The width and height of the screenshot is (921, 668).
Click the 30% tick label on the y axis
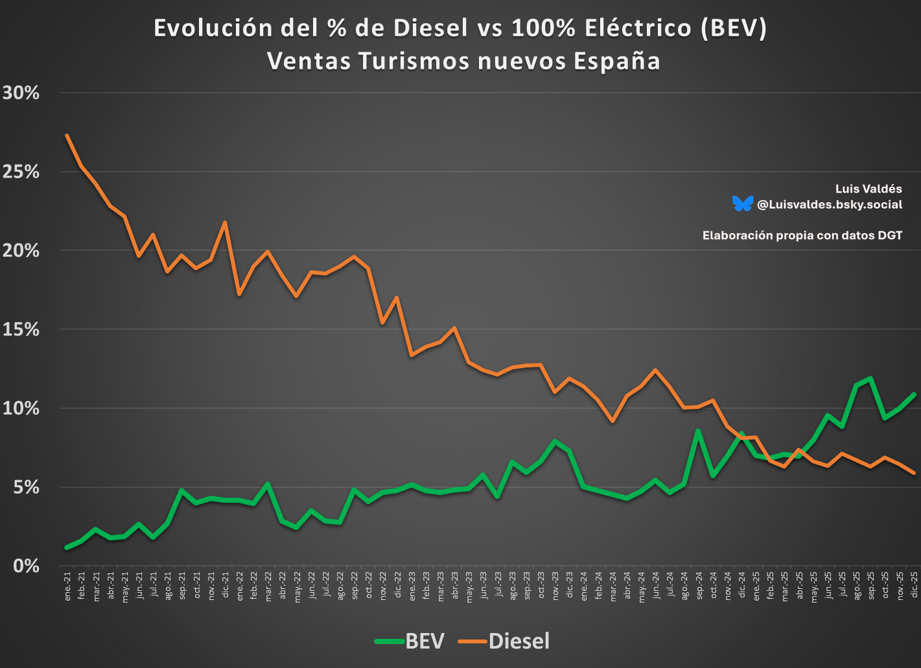[x=21, y=93]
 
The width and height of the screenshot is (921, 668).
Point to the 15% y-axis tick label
[x=21, y=329]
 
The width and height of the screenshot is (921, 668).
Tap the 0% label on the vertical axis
[x=27, y=566]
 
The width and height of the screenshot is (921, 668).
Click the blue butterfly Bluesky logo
[x=742, y=203]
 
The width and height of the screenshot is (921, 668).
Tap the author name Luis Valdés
[x=869, y=189]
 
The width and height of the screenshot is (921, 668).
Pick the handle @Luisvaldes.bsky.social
[x=830, y=204]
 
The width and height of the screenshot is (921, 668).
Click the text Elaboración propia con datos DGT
[x=802, y=235]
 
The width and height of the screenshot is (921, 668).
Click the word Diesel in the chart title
[x=431, y=28]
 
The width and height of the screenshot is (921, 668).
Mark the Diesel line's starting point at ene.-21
[x=67, y=135]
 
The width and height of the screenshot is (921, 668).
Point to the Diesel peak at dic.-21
[x=225, y=222]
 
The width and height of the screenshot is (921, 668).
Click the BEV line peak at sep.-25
[x=870, y=378]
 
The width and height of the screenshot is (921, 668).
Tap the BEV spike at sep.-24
[x=698, y=430]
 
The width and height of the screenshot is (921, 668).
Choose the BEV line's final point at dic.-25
[x=914, y=395]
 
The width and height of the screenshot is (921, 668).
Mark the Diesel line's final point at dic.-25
[x=914, y=473]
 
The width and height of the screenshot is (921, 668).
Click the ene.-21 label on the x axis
[x=67, y=586]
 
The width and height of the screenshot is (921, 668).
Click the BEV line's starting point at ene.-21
[x=67, y=547]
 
